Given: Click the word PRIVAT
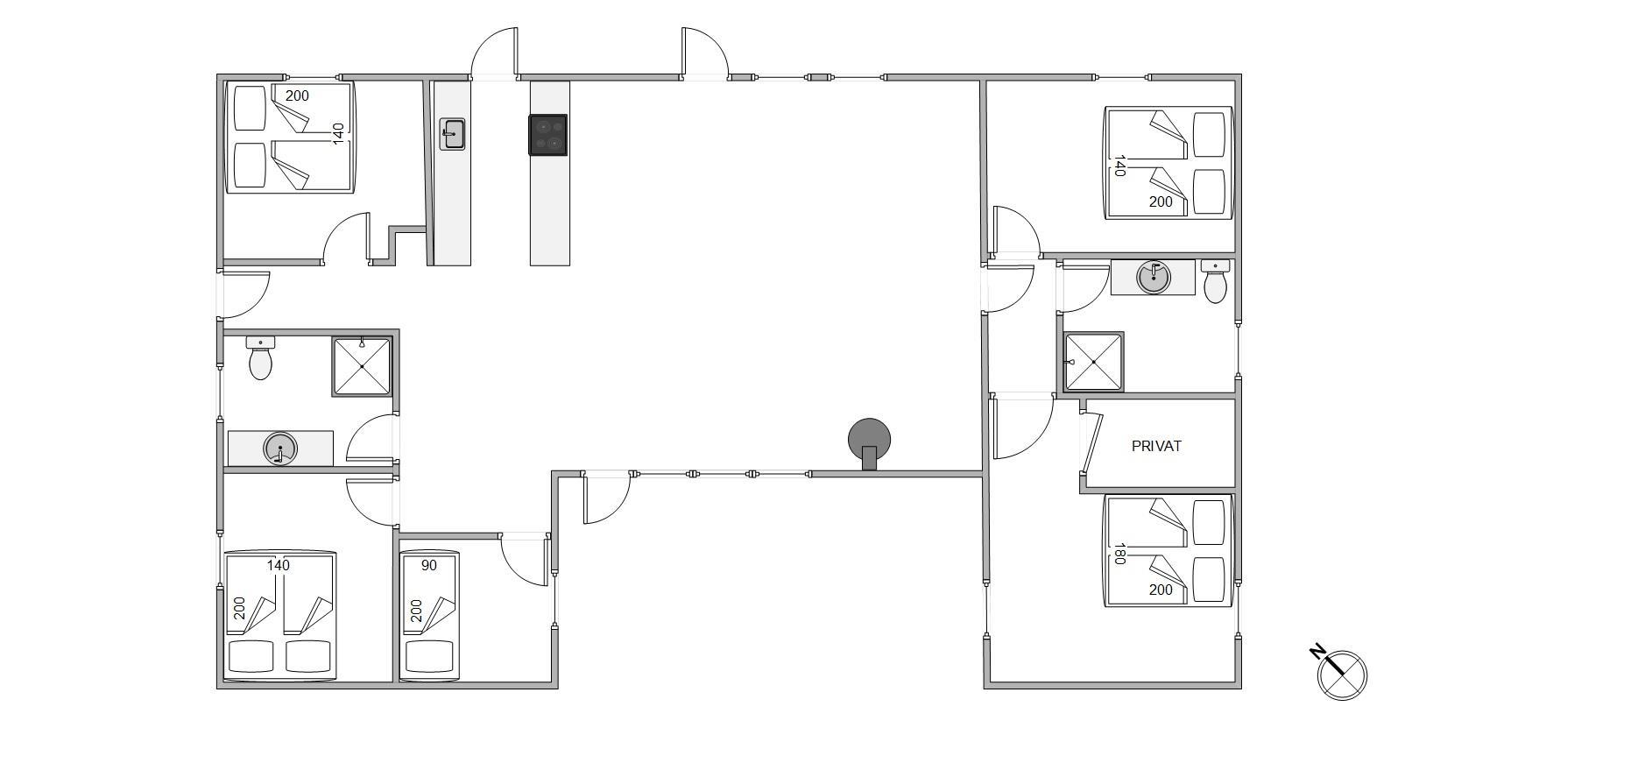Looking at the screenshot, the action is click(x=1156, y=446).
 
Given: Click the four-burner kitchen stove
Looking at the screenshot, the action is click(x=548, y=135).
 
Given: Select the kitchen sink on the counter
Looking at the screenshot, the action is click(x=452, y=135).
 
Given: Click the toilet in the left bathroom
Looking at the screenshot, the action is click(x=260, y=357).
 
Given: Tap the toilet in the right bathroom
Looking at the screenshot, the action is click(x=1215, y=281).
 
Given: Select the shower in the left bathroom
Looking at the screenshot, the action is click(x=361, y=366).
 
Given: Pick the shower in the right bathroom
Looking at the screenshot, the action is click(x=1093, y=362).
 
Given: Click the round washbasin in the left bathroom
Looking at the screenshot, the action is click(x=280, y=449).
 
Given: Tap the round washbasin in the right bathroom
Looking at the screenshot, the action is click(x=1153, y=278).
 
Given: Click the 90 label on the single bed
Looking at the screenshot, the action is click(x=428, y=565).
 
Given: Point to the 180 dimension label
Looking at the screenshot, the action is click(x=1119, y=554).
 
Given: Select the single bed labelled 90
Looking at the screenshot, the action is click(x=429, y=615).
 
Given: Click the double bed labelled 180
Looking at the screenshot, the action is click(x=1168, y=551).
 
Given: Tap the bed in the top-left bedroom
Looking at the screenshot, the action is click(x=290, y=138).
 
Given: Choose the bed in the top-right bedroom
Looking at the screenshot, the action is click(x=1168, y=163).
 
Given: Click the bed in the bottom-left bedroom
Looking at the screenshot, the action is click(x=280, y=615).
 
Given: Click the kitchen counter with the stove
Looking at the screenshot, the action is click(x=550, y=173).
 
